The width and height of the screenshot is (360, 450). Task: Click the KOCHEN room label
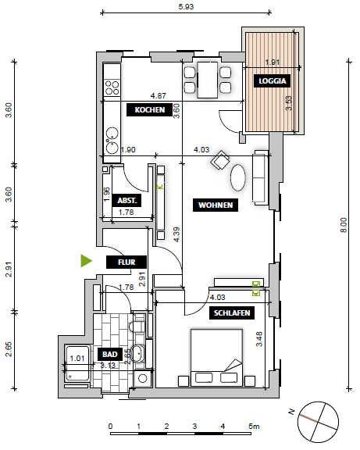(149, 110)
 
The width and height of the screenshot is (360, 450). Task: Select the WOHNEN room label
(212, 205)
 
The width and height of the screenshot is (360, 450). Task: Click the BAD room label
(109, 354)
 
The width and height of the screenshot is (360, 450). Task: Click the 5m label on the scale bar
(253, 427)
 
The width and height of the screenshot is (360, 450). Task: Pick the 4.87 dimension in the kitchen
(159, 95)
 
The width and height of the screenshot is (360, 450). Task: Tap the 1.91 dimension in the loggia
(272, 62)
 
